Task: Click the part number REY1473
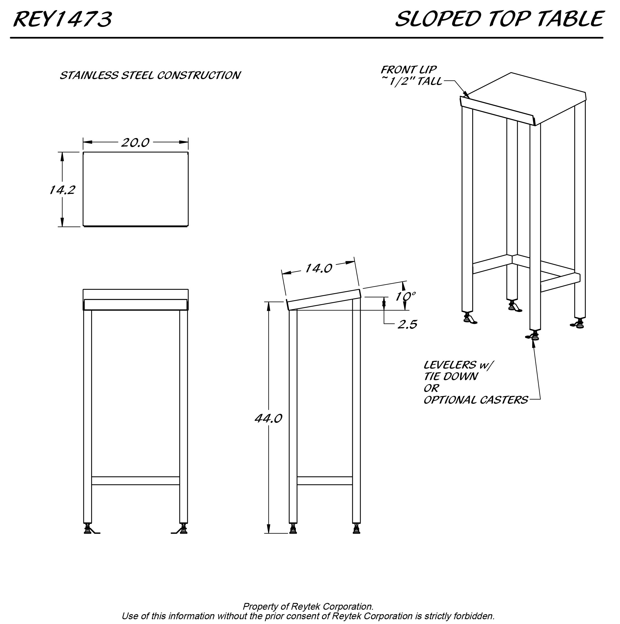tap(63, 19)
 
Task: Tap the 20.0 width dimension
tap(135, 143)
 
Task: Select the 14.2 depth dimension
tap(62, 190)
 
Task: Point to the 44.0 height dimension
tap(268, 419)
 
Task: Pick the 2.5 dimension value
tap(407, 324)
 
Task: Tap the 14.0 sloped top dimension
tap(318, 268)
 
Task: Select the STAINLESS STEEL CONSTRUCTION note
tap(150, 75)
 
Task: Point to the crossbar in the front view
tap(135, 481)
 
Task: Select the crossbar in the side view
tap(325, 481)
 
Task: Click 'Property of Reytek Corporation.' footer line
tap(308, 606)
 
